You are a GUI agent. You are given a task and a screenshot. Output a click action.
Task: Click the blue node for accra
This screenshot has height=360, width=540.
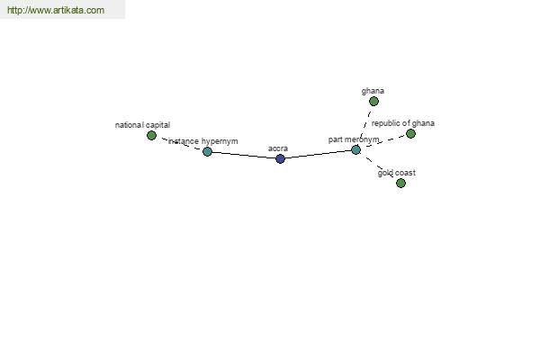tap(280, 158)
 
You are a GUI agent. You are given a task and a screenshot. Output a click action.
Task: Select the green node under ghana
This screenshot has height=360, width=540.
tap(373, 102)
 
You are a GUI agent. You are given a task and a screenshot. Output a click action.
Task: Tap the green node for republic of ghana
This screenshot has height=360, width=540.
tap(410, 134)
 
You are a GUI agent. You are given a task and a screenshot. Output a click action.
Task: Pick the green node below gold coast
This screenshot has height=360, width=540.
tap(400, 183)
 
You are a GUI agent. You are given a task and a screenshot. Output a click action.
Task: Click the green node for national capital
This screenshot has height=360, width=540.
tap(151, 135)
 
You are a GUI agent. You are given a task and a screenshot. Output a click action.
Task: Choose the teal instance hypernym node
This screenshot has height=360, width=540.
tap(207, 151)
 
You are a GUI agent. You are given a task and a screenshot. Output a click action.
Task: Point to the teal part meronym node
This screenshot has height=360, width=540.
tap(356, 150)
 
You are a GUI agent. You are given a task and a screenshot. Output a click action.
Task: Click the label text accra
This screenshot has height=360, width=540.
tap(278, 148)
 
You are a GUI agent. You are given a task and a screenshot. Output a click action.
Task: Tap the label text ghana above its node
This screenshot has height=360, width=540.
tap(373, 91)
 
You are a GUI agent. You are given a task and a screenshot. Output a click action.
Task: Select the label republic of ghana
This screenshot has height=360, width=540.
tap(403, 123)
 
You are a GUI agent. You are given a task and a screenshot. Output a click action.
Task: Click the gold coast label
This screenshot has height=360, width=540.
tap(396, 173)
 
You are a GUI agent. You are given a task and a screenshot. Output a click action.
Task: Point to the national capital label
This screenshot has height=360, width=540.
tap(142, 125)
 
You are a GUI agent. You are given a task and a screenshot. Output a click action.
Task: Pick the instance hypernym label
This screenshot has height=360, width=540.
tap(202, 141)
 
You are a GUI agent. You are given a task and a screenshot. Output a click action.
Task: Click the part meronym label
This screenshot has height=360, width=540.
tap(354, 139)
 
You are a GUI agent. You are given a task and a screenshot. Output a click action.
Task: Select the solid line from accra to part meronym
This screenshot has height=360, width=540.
tap(319, 154)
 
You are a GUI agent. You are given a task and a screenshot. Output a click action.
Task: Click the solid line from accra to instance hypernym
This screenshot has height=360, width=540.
tap(244, 155)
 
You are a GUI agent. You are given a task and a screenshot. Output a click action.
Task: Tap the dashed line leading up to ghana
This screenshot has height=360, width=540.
tap(365, 125)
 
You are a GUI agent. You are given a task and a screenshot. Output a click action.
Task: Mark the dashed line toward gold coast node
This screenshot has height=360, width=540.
tap(379, 166)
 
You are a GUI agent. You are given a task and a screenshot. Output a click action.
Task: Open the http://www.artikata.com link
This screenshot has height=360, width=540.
tap(56, 10)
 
